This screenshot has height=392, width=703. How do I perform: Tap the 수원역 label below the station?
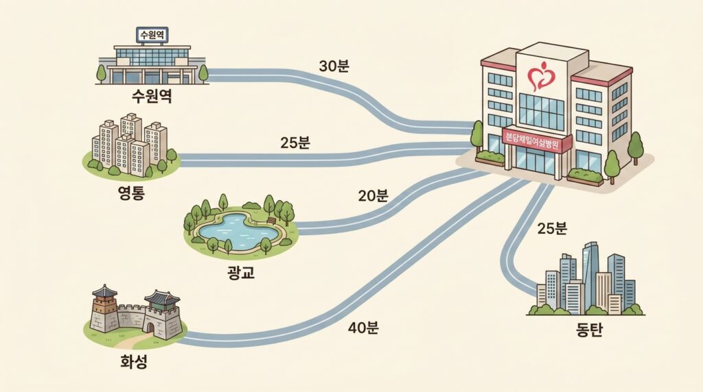[x=152, y=96]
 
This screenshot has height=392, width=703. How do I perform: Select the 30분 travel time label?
[x=334, y=66]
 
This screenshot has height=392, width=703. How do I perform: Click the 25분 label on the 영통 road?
[x=295, y=143]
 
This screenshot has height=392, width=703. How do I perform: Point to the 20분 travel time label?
[x=373, y=195]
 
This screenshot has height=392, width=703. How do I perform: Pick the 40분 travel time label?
[x=363, y=328]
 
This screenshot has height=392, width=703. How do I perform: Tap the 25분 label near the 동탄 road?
[x=553, y=228]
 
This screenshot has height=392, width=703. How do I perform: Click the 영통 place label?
[x=131, y=193]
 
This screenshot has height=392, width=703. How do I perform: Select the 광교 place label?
[x=241, y=272]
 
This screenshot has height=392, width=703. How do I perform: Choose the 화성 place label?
[x=134, y=361]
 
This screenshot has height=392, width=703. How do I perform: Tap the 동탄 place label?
[x=589, y=330]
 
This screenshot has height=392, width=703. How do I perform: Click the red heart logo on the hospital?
[x=542, y=75]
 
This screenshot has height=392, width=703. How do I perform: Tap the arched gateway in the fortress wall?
[x=150, y=328]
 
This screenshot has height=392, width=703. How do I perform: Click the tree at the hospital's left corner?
[x=477, y=134]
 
